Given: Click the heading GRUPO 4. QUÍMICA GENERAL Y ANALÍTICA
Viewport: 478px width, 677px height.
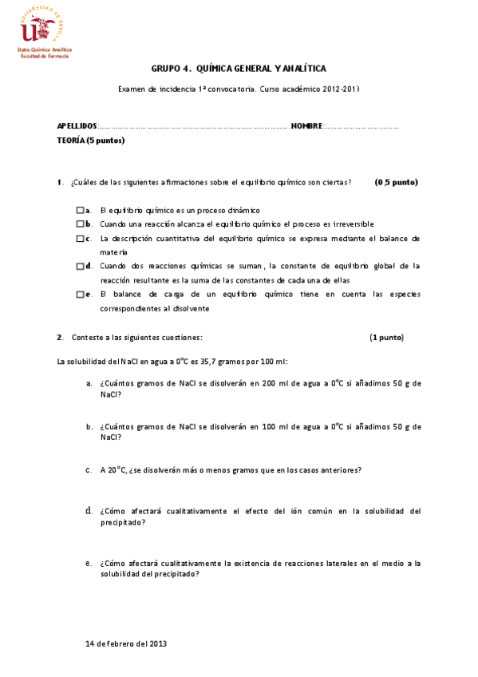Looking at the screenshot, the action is [239, 69].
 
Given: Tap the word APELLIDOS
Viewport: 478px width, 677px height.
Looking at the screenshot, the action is [77, 126].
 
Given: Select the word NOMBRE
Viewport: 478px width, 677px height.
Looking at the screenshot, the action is [306, 126].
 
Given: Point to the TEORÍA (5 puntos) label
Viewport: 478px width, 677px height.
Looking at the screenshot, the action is [91, 141].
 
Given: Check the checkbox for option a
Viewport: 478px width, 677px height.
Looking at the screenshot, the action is [80, 210].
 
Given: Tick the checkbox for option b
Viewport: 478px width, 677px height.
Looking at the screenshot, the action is [80, 224].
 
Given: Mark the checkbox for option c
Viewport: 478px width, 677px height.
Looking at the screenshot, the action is [80, 239].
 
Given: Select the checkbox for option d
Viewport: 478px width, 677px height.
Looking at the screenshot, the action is [80, 266].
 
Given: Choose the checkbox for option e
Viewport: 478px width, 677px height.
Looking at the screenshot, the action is [80, 295].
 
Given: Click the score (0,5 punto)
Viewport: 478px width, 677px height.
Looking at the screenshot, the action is [397, 183].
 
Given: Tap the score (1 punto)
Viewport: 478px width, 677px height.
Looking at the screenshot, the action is [386, 337].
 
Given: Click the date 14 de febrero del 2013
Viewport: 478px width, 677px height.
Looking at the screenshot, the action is [125, 643].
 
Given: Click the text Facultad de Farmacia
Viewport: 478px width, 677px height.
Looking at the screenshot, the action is [45, 57].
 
